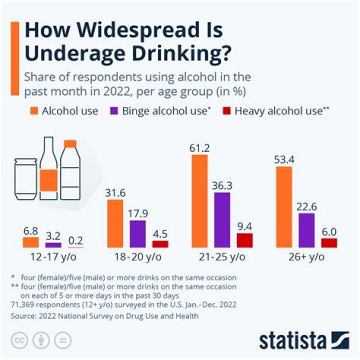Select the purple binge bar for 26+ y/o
(x=306, y=230)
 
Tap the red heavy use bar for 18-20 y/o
(x=160, y=244)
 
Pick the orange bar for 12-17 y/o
(x=31, y=242)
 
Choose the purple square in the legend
(x=114, y=110)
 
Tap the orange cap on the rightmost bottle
(x=70, y=144)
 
